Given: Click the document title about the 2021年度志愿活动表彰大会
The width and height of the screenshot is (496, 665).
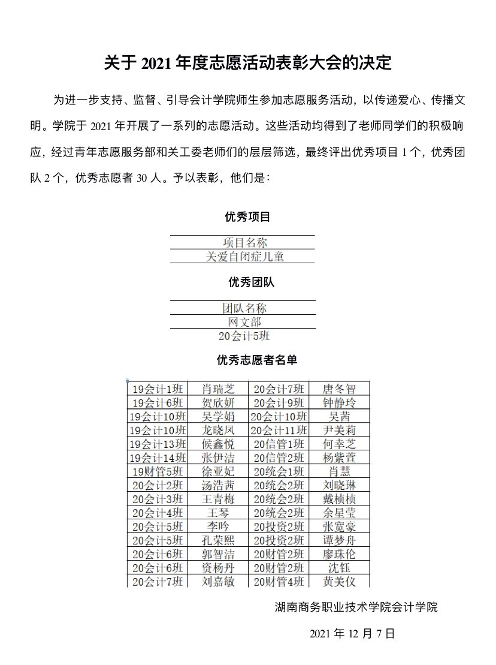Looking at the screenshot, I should pos(247,63).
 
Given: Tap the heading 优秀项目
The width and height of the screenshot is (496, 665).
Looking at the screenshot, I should pos(247,216).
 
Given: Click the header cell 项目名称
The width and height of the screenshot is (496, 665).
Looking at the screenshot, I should pos(245,242).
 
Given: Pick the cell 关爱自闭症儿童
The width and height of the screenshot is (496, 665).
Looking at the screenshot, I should pos(245,257).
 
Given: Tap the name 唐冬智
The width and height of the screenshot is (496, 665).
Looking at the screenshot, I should pos(339,389).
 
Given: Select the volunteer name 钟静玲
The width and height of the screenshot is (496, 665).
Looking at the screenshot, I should pos(339,402).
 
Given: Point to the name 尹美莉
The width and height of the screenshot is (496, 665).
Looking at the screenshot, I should pos(339,430).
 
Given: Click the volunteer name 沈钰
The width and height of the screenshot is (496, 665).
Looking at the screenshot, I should pos(339,567).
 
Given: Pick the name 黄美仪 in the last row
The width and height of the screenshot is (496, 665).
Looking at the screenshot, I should pos(339,581).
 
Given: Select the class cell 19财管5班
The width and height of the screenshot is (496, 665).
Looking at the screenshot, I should pos(158,471).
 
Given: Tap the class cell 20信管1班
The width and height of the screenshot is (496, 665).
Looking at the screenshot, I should pos(279,444).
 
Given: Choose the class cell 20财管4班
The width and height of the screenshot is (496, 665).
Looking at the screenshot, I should pos(279,581).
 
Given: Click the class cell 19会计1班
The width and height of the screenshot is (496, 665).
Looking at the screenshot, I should pos(158,389).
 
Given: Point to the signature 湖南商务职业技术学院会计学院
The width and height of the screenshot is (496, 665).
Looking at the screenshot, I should pos(356,607).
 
